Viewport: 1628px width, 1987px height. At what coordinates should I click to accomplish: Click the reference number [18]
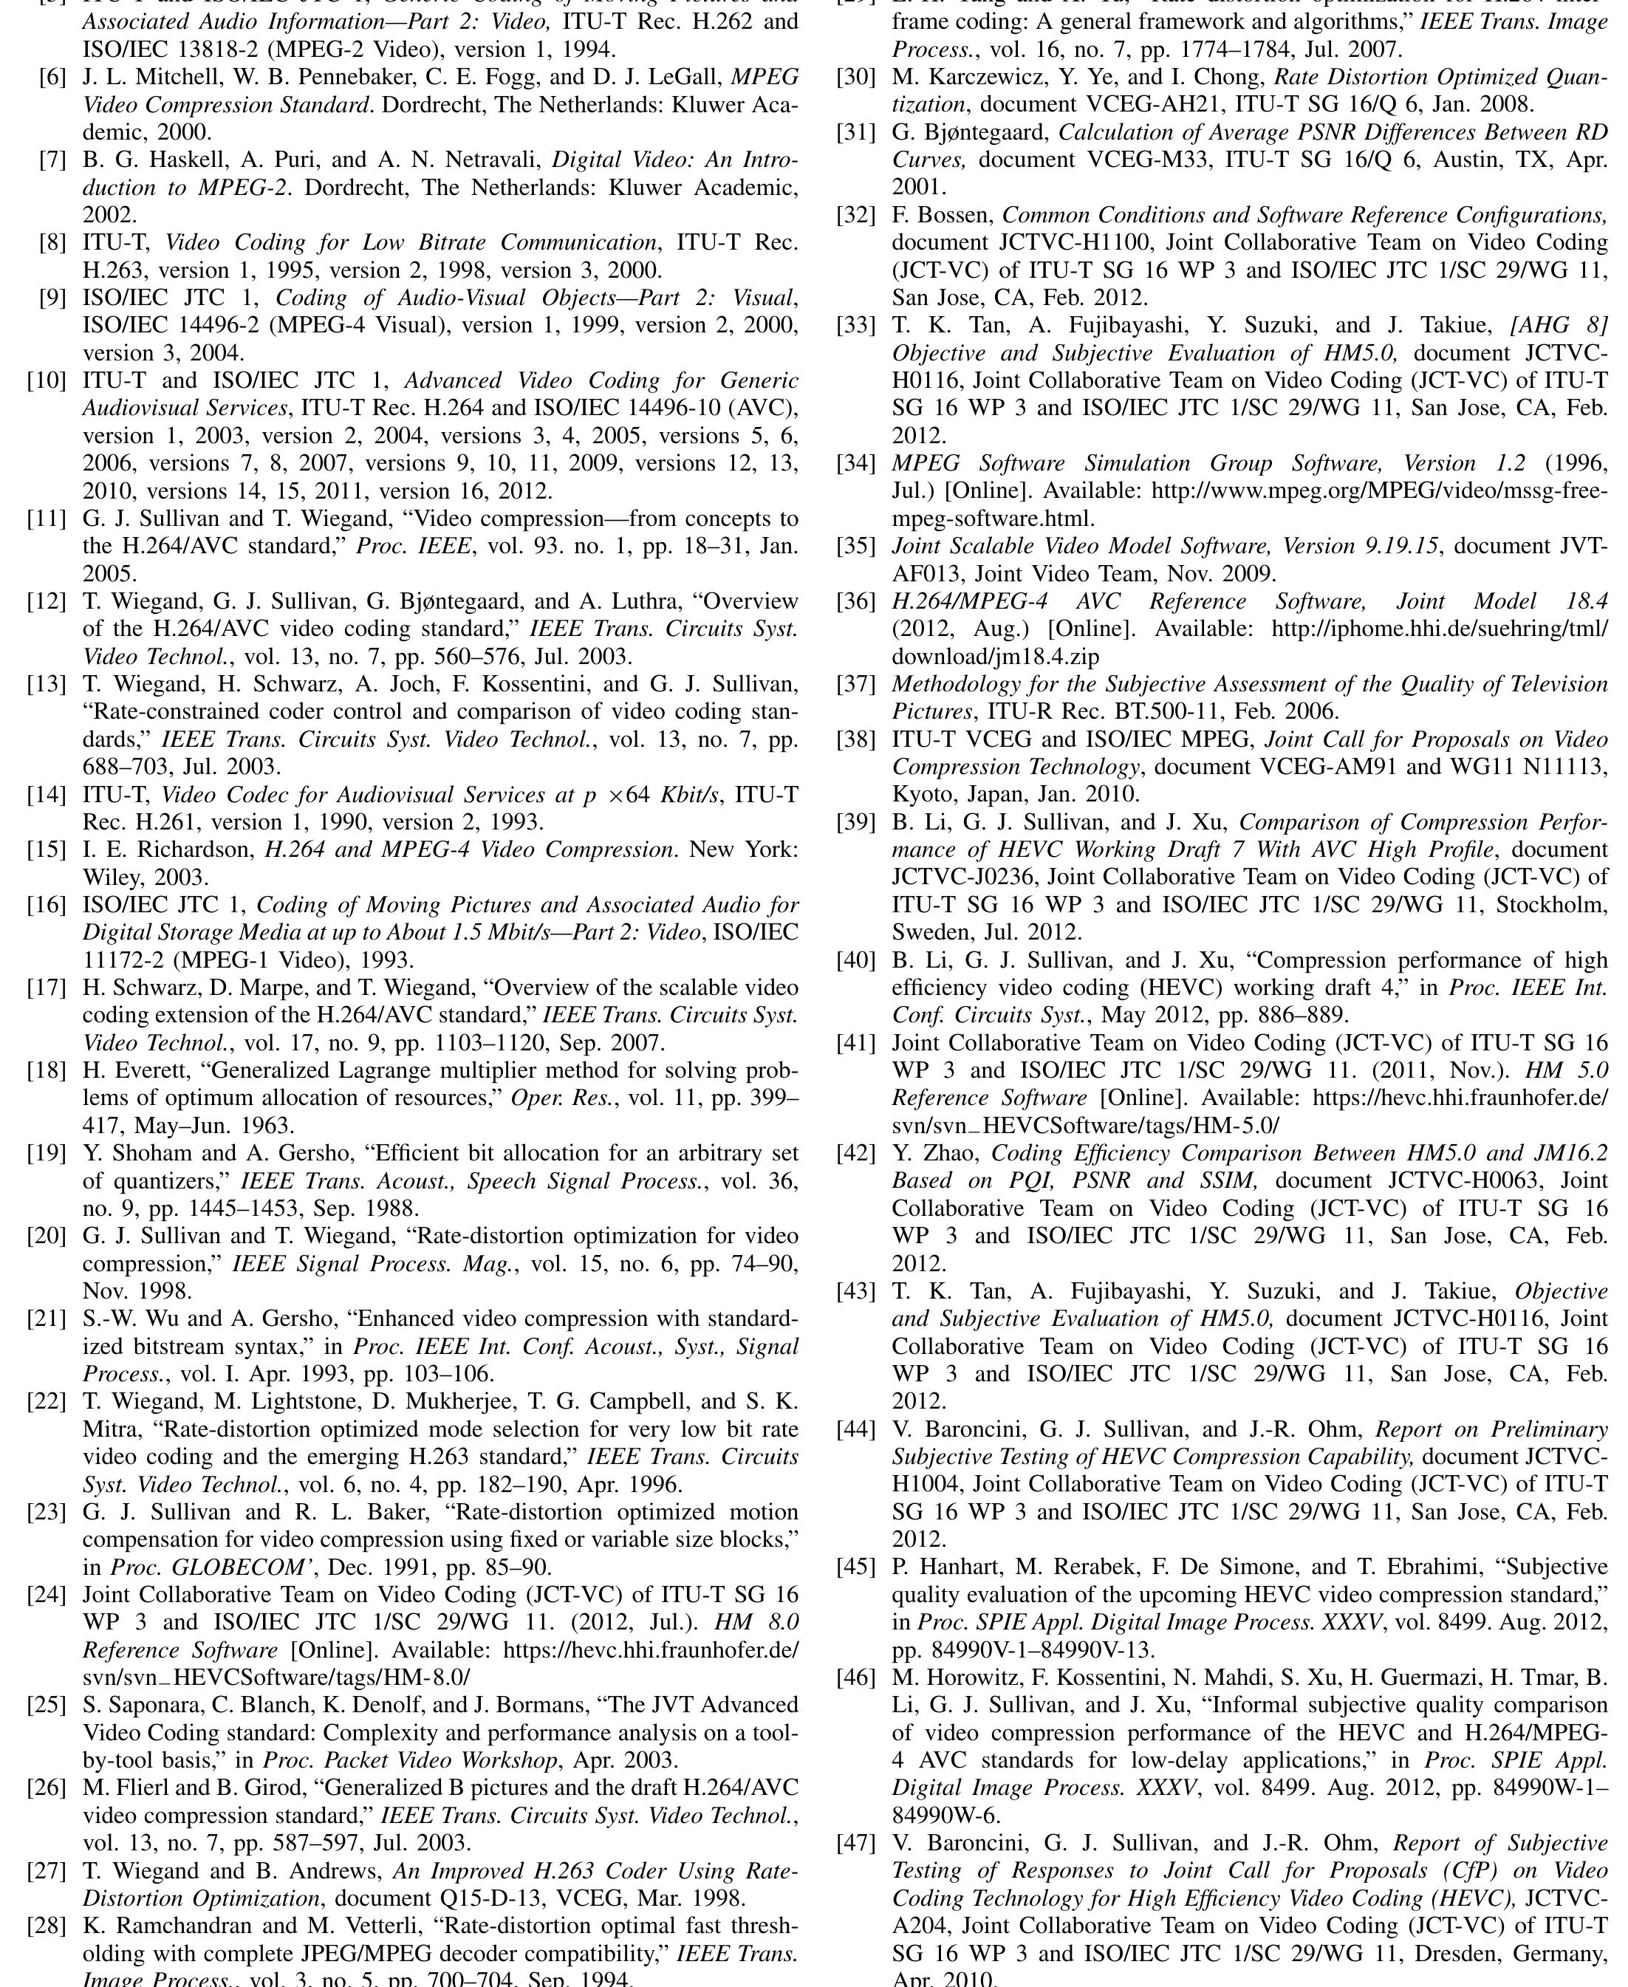[47, 1070]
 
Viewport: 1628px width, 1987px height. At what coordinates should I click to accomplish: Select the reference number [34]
[855, 463]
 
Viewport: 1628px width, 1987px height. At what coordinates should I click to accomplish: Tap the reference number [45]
[855, 1567]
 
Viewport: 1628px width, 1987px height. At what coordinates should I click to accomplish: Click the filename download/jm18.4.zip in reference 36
[995, 657]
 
